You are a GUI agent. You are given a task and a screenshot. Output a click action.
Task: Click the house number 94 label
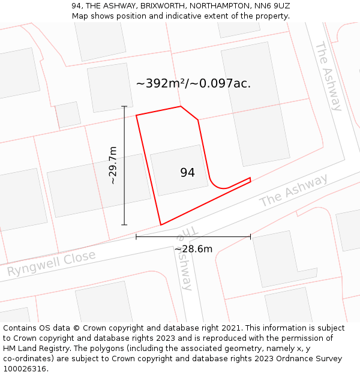[187, 173]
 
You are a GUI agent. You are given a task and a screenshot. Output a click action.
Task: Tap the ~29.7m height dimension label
[112, 165]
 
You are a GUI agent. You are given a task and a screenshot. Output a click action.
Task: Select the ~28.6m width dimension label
[193, 249]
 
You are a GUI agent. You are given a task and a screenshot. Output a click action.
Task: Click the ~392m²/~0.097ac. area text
[193, 84]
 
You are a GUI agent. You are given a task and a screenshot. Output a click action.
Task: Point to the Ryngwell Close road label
[51, 264]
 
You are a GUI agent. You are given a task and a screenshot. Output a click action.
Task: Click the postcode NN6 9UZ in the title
[272, 5]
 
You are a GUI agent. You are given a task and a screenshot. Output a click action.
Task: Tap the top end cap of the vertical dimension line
[125, 106]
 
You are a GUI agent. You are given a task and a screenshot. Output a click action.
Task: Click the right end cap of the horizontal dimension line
[250, 237]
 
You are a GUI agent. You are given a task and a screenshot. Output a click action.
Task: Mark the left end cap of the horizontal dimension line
[136, 237]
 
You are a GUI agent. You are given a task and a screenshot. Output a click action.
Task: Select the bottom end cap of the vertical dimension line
[125, 225]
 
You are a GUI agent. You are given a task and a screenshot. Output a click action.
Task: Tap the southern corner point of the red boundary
[161, 225]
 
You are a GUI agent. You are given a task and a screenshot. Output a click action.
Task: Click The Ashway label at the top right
[328, 76]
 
